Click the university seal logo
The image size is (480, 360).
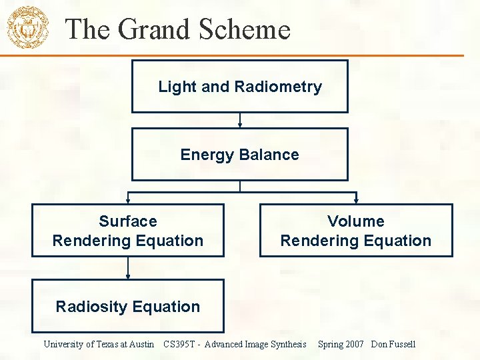tap(28, 27)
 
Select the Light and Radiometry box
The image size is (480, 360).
tap(239, 87)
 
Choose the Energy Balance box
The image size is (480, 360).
tap(239, 155)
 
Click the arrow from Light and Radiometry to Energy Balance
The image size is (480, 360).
tap(239, 120)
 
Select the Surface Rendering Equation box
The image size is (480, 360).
tap(128, 231)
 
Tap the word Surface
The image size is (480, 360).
tap(128, 221)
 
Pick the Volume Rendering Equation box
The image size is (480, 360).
tap(355, 231)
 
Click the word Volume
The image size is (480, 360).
tap(355, 221)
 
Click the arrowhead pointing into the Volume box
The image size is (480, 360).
tap(356, 200)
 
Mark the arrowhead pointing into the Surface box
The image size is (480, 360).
tap(128, 200)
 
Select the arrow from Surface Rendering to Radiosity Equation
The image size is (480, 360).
tap(128, 268)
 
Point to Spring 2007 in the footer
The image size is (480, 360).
tap(341, 344)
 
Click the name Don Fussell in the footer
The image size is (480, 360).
tap(393, 344)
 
